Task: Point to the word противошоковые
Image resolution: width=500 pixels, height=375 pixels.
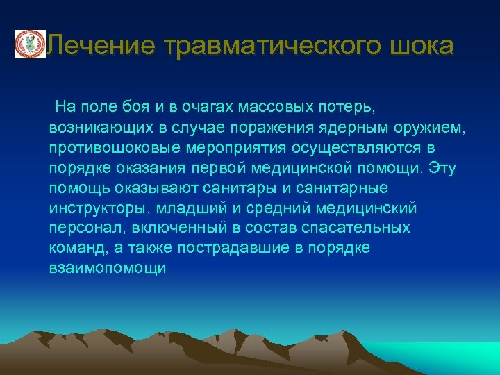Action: click(x=107, y=148)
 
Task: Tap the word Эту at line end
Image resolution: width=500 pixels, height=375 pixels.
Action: click(x=442, y=168)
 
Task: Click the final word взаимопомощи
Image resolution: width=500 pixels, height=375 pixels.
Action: click(x=108, y=268)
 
